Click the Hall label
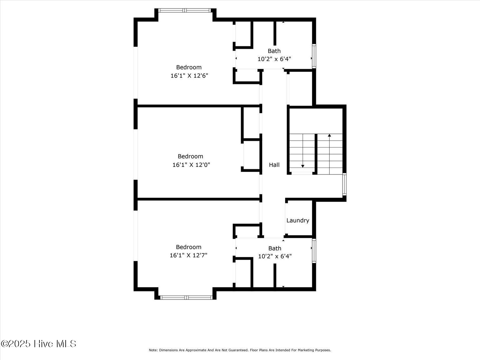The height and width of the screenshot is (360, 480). [x=274, y=165]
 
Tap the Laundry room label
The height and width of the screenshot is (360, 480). [x=297, y=220]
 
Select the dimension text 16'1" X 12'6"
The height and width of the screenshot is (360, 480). [x=189, y=76]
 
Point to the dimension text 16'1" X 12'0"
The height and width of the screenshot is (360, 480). [x=191, y=165]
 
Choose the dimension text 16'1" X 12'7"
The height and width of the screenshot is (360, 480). [x=188, y=255]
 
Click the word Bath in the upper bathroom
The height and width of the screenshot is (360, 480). [x=274, y=51]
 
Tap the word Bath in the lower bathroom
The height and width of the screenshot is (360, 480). [x=275, y=248]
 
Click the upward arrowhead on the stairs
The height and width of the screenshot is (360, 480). [x=329, y=135]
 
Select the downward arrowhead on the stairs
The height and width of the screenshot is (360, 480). [x=302, y=166]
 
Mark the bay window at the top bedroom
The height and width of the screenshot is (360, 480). [x=185, y=10]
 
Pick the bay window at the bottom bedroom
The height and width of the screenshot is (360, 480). [x=186, y=297]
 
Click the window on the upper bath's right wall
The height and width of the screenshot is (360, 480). [x=314, y=56]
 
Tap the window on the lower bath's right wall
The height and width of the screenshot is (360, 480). [x=314, y=251]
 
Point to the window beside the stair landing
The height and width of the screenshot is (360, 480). [x=344, y=184]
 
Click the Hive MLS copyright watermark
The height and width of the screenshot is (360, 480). [x=38, y=344]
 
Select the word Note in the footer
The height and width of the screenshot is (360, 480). [x=153, y=350]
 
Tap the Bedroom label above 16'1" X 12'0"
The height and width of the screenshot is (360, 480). [x=190, y=156]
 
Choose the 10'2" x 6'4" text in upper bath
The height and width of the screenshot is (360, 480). [x=274, y=59]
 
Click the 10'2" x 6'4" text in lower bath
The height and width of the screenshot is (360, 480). [x=275, y=256]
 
